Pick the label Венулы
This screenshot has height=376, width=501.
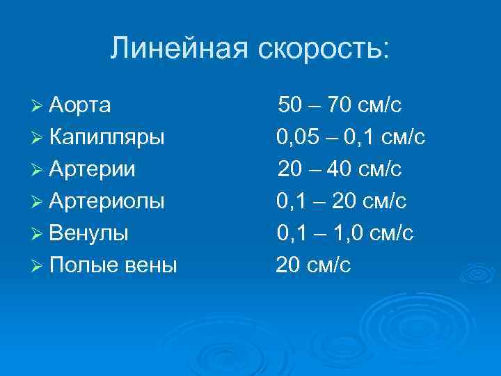coord(88,233)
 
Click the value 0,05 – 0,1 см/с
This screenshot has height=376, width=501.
coord(350,137)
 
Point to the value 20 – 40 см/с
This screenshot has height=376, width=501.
coord(340,169)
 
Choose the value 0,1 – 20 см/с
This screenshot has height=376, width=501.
coord(341,201)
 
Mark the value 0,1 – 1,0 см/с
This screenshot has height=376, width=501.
coord(344,233)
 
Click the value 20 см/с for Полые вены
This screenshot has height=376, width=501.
coord(313,265)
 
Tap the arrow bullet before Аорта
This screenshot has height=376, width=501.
coord(39,106)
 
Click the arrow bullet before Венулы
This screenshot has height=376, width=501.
coord(39,234)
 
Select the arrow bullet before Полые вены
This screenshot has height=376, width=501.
coord(39,266)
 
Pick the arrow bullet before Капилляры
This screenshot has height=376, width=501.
coord(39,138)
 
